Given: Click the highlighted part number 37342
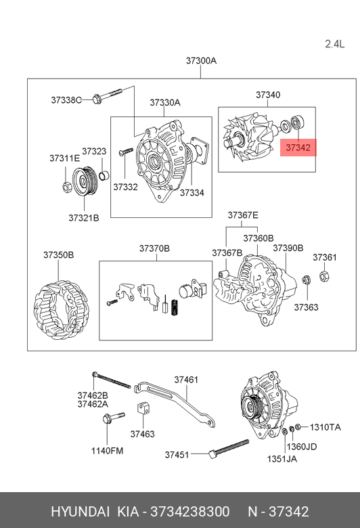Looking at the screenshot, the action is click(x=298, y=148).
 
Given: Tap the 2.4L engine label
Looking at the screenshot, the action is click(x=335, y=44).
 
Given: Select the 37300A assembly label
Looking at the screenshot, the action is click(x=201, y=61).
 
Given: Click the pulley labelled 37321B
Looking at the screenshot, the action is click(x=85, y=181).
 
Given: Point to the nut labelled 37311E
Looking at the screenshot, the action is click(x=66, y=186).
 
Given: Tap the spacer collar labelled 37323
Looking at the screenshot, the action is click(x=104, y=176).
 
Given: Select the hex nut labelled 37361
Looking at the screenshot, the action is click(x=324, y=276).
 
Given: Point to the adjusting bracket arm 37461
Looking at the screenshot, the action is click(x=175, y=404).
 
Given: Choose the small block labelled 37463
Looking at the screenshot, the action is click(x=143, y=408).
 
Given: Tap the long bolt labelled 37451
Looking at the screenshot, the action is click(x=229, y=448).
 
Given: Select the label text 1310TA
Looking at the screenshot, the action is click(x=325, y=427).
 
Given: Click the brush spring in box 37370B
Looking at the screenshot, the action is click(x=175, y=307).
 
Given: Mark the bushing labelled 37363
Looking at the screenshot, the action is click(x=306, y=279).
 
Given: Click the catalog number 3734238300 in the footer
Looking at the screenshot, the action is click(x=190, y=512).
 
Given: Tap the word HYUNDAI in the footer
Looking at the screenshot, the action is click(x=80, y=512).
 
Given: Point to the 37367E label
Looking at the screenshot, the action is click(x=243, y=215).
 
